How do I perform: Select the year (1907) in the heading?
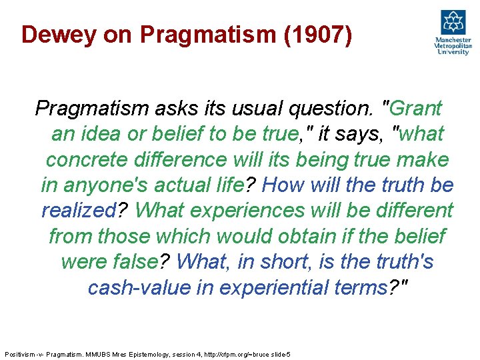point(317,34)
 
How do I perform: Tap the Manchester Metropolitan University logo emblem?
point(453,23)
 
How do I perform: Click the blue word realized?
point(79,211)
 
